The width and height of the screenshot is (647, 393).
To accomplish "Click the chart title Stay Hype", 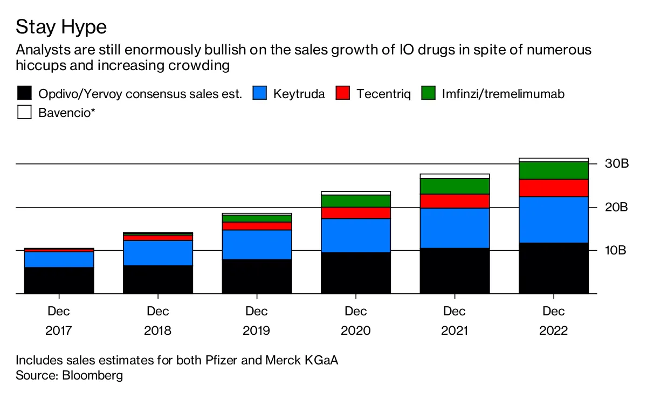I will coord(61,26).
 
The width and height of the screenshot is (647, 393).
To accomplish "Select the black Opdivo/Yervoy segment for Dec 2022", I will coord(553,268).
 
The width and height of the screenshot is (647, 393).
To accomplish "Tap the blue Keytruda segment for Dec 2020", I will coord(355,235).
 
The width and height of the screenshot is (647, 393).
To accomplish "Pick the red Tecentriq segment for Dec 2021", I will coord(455,201).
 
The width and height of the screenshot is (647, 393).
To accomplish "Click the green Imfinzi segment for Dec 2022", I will coord(553,170).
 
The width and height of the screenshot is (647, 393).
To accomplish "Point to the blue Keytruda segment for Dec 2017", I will coord(59,259).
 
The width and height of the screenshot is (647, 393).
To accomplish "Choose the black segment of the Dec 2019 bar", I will coord(257,276).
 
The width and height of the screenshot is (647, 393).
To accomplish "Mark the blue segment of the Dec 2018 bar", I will coord(158,253).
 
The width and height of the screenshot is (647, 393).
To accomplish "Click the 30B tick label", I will coord(616,164).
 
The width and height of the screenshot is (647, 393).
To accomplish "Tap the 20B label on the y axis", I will coord(616,208).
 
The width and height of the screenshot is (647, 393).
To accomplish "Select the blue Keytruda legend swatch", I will coord(260,93).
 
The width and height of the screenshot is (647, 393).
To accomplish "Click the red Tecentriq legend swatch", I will coord(343,93).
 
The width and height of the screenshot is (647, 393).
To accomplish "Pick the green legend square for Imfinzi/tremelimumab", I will coord(428,93).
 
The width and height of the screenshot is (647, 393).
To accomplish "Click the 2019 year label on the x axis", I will coord(257,330).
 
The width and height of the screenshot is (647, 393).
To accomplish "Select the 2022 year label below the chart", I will coord(553,330).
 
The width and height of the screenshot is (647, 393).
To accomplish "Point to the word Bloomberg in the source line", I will coord(93,375).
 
